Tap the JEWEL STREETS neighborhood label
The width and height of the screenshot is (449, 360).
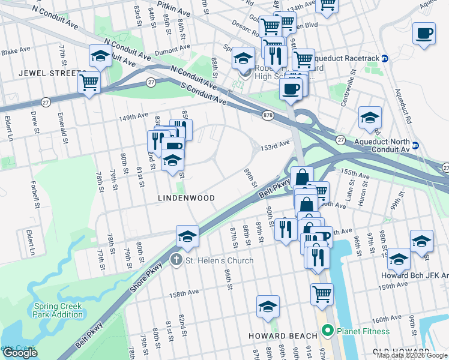(x=52, y=73)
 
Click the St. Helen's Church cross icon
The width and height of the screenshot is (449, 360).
(x=176, y=260)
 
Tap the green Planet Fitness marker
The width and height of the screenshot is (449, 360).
(x=327, y=331)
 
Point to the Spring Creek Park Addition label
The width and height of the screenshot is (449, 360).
(x=58, y=310)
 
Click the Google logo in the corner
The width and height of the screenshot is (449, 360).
(x=20, y=353)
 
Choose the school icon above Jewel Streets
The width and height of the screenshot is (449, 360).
(x=99, y=56)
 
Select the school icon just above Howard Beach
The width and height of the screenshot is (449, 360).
(x=268, y=306)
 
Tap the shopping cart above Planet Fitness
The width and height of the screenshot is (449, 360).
(x=322, y=294)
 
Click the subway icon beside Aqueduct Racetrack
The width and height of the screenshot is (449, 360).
(x=385, y=58)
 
